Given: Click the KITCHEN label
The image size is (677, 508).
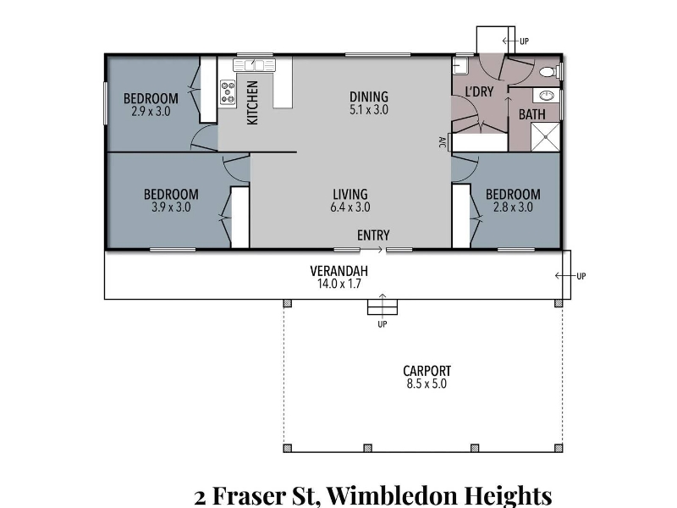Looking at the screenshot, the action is [x=252, y=102].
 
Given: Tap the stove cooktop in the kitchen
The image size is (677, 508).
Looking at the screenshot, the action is [x=228, y=92].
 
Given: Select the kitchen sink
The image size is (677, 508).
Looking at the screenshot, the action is [x=255, y=65].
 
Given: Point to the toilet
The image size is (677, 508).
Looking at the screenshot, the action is [x=549, y=71].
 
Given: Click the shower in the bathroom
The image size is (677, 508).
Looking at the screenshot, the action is [x=545, y=137].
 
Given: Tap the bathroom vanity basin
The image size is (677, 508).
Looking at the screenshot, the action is [x=546, y=96].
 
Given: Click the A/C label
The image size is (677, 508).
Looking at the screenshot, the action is [x=442, y=142].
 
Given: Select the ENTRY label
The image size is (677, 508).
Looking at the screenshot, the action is [x=373, y=235].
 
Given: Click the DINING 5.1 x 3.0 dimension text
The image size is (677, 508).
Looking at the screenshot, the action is [x=369, y=110].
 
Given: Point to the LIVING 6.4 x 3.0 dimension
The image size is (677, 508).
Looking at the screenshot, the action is [x=350, y=207].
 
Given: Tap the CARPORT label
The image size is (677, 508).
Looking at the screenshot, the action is [x=427, y=371].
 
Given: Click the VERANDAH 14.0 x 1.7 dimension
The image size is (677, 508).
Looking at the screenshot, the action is [x=339, y=284].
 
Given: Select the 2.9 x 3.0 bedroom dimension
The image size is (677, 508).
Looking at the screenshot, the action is [x=151, y=112].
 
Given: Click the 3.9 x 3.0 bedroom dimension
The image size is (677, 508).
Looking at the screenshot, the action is [x=171, y=207].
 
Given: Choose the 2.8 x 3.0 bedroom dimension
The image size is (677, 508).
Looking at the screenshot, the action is [x=513, y=207].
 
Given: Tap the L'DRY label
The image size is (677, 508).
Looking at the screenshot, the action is [x=479, y=91].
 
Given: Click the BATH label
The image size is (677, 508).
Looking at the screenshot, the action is [x=532, y=115].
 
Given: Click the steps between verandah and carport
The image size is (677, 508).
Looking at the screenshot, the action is [x=383, y=306].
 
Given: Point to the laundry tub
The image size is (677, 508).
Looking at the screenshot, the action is [x=458, y=67].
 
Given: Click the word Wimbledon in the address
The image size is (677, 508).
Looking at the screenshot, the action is [x=391, y=495].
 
